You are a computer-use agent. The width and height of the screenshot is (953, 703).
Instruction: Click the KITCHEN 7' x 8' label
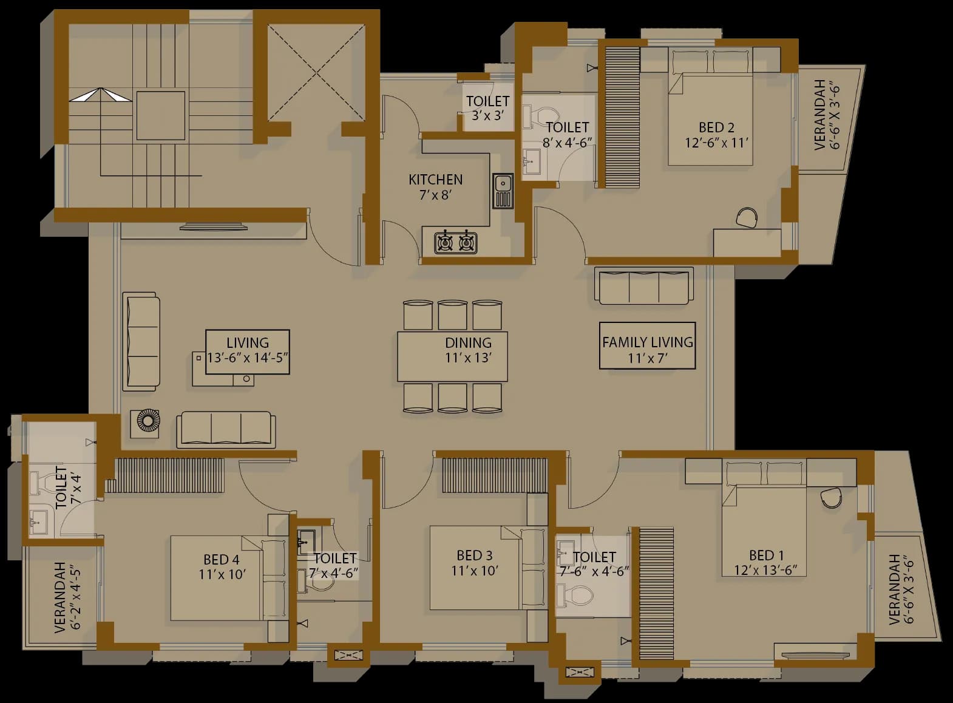435,187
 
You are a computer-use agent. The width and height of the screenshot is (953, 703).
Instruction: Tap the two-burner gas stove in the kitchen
456,242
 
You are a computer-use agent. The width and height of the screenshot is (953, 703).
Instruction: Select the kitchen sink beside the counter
503,190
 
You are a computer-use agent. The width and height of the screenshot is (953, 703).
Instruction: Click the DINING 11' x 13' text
468,350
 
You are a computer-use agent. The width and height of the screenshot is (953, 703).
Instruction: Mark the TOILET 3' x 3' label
487,107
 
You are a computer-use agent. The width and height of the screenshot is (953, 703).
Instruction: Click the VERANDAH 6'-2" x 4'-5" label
67,597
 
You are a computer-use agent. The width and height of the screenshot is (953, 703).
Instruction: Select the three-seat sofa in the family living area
644,286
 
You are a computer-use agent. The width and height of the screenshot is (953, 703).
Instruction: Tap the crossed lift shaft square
316,73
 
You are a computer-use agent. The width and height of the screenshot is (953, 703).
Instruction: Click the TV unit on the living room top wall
213,228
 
